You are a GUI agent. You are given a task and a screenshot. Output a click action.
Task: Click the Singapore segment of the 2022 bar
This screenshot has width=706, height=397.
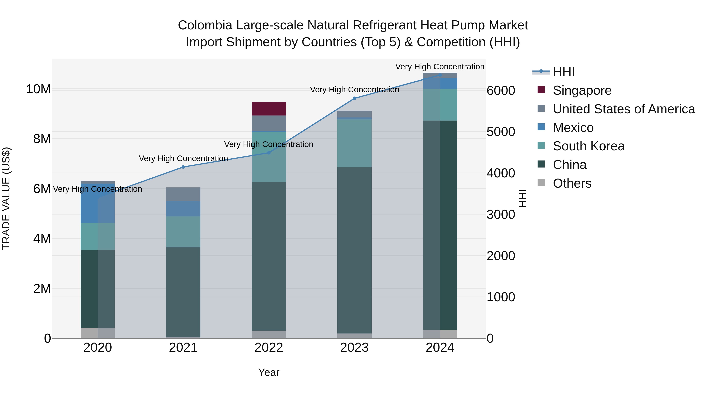click(269, 108)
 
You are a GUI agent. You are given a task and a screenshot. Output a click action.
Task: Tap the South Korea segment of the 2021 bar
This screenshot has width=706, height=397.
click(183, 232)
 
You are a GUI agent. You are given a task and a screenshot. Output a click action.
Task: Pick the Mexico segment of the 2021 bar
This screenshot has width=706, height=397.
click(183, 209)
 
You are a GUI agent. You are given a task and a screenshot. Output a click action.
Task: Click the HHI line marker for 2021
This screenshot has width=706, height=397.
click(183, 167)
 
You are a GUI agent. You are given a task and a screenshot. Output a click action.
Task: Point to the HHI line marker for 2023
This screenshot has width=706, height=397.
click(354, 98)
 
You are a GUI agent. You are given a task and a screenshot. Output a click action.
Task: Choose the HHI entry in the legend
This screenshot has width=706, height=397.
click(563, 72)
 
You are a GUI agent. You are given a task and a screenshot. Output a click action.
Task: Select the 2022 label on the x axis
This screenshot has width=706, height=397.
click(269, 347)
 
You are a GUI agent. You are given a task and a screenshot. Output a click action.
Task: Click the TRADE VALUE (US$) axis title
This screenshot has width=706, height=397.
click(6, 198)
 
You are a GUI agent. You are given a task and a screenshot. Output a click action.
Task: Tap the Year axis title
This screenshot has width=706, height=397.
click(269, 372)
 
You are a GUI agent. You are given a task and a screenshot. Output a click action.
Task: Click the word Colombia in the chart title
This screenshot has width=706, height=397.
click(205, 25)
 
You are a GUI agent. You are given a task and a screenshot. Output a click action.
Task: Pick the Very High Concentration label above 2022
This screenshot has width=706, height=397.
click(269, 144)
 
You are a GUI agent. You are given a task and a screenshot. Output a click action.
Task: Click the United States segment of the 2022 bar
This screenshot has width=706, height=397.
click(269, 123)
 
